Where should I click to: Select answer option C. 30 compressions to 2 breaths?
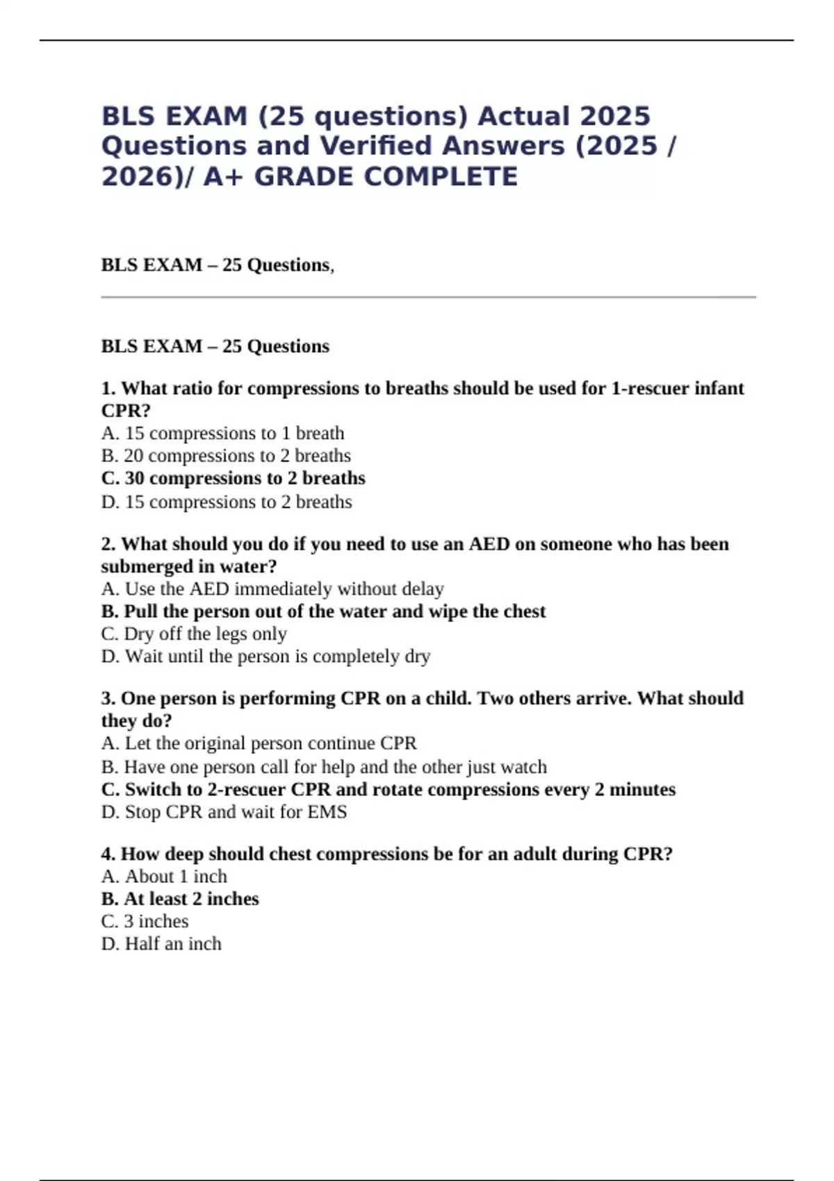point(233,478)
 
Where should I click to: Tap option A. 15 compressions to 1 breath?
point(222,433)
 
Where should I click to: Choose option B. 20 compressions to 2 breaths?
point(226,456)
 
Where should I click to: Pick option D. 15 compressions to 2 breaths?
point(227,502)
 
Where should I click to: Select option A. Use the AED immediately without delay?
point(272,588)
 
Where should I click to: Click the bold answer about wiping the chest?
point(323,611)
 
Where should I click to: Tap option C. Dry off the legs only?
point(194,634)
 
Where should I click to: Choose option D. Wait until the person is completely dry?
point(265,656)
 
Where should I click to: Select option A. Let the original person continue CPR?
point(259,743)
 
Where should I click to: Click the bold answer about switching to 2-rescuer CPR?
point(388,789)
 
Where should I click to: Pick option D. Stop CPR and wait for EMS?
point(224,811)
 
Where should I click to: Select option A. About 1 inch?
point(164,876)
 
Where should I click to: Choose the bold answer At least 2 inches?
point(180,898)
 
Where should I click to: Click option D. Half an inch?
point(161,943)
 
